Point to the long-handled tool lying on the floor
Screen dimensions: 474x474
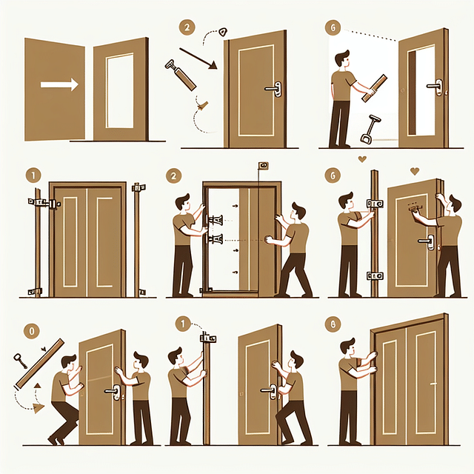coord(367,129)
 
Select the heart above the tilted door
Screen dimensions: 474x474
coord(414,171)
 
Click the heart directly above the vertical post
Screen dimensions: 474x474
coord(361,158)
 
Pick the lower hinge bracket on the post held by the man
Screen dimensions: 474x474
coord(375,276)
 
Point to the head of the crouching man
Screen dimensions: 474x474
coord(68,364)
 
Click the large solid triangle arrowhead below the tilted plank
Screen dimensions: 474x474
coord(37,407)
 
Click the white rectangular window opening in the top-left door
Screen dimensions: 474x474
coord(118,89)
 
